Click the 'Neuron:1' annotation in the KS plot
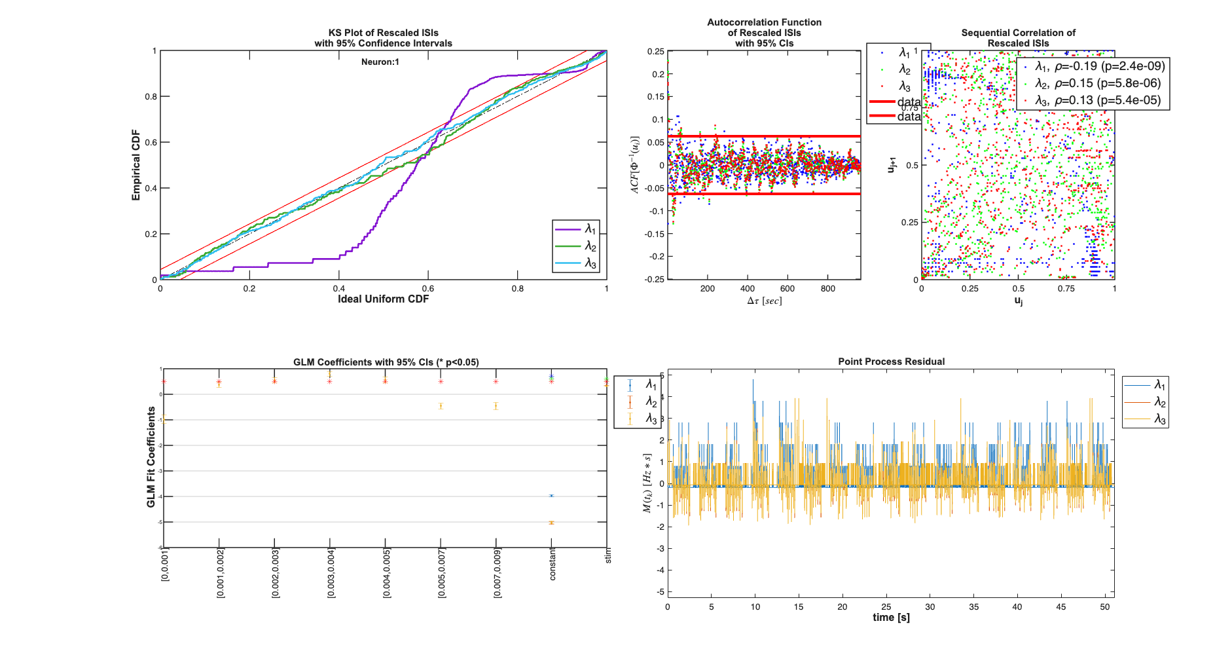(380, 62)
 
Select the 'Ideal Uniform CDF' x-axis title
(383, 299)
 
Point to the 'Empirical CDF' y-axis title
(136, 165)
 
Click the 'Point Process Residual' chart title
(891, 362)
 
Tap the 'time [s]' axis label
(891, 618)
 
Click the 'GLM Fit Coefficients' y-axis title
(151, 457)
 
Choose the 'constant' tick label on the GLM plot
(553, 564)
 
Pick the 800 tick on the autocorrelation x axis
(827, 289)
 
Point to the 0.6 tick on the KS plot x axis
(427, 289)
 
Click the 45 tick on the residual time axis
(1060, 607)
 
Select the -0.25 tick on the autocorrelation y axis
(655, 279)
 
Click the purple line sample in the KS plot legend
(568, 229)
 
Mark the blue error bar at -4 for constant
(551, 496)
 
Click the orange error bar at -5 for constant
(551, 523)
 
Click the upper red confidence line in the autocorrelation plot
(764, 136)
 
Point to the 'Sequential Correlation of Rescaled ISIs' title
(1018, 38)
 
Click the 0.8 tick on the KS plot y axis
(151, 96)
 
